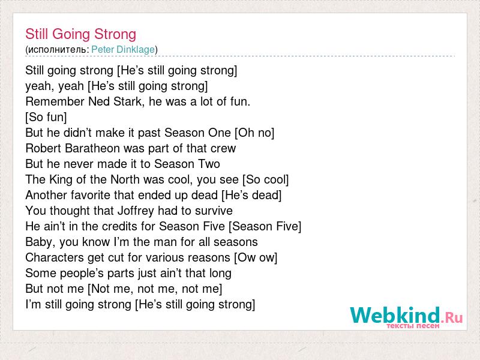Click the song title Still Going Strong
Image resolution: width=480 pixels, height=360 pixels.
pyautogui.click(x=81, y=34)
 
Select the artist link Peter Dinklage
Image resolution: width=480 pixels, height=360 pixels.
pyautogui.click(x=123, y=49)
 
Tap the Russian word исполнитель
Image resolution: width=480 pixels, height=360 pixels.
pyautogui.click(x=58, y=50)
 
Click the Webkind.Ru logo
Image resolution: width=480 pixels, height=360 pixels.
pyautogui.click(x=406, y=317)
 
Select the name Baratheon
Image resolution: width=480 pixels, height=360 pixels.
pyautogui.click(x=92, y=148)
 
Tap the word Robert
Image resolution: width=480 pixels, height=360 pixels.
pyautogui.click(x=43, y=148)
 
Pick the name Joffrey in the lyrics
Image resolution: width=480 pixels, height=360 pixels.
pyautogui.click(x=136, y=211)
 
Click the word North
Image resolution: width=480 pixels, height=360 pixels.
pyautogui.click(x=125, y=179)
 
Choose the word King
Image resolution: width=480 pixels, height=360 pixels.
pyautogui.click(x=61, y=179)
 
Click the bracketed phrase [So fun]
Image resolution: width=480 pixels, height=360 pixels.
pyautogui.click(x=46, y=117)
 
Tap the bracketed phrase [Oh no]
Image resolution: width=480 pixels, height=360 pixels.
pyautogui.click(x=254, y=133)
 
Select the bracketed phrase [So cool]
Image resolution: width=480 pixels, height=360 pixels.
pyautogui.click(x=265, y=179)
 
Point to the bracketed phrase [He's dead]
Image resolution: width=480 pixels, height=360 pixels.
pyautogui.click(x=251, y=196)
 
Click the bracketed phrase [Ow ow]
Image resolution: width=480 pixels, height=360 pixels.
pyautogui.click(x=256, y=258)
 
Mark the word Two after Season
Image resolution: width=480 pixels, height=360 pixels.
pyautogui.click(x=209, y=164)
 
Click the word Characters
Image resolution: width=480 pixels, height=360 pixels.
pyautogui.click(x=55, y=257)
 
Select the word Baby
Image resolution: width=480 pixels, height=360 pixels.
pyautogui.click(x=40, y=242)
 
